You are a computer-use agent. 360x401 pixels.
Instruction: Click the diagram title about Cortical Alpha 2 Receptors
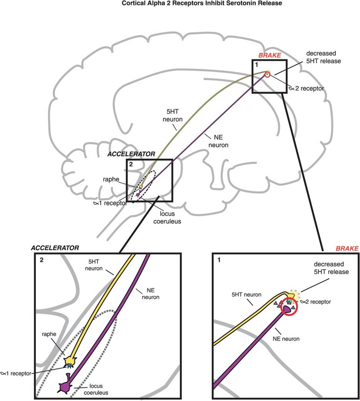point(202,3)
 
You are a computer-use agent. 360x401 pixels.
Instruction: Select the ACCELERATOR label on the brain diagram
point(131,154)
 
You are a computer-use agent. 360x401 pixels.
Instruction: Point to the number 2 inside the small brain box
point(131,164)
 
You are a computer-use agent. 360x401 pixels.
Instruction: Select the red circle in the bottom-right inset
point(289,308)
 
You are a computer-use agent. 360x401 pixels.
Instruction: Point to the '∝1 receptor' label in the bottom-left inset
point(16,374)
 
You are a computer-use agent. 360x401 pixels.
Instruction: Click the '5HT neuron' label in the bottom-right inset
point(246,295)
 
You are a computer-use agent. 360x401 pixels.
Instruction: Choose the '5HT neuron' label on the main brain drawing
point(172,116)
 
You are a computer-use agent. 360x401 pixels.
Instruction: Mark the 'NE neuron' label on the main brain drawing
point(218,141)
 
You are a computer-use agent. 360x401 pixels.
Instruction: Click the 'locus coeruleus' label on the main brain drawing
point(167,217)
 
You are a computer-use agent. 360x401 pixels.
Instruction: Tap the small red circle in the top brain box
point(267,74)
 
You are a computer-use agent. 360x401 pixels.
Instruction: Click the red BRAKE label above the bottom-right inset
point(347,248)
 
